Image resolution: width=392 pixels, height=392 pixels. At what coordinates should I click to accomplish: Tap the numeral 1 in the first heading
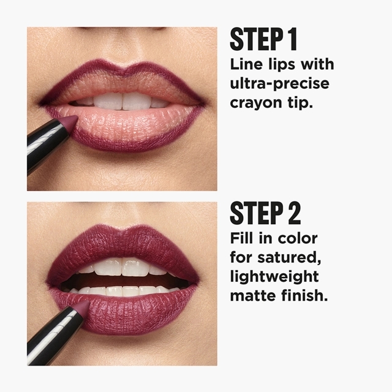(293, 39)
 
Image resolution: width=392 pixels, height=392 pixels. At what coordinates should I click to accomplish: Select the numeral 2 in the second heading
(295, 213)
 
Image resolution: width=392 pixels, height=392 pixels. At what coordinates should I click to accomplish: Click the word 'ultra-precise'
(279, 84)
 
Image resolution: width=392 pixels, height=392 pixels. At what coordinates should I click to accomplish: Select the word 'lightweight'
(274, 277)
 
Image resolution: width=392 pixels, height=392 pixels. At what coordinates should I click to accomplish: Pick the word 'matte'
(253, 295)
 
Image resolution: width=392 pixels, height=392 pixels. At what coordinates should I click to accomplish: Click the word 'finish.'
(304, 295)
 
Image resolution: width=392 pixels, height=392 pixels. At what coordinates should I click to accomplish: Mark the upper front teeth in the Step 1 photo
(123, 100)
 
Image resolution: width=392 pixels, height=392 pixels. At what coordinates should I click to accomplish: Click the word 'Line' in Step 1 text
(246, 64)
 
